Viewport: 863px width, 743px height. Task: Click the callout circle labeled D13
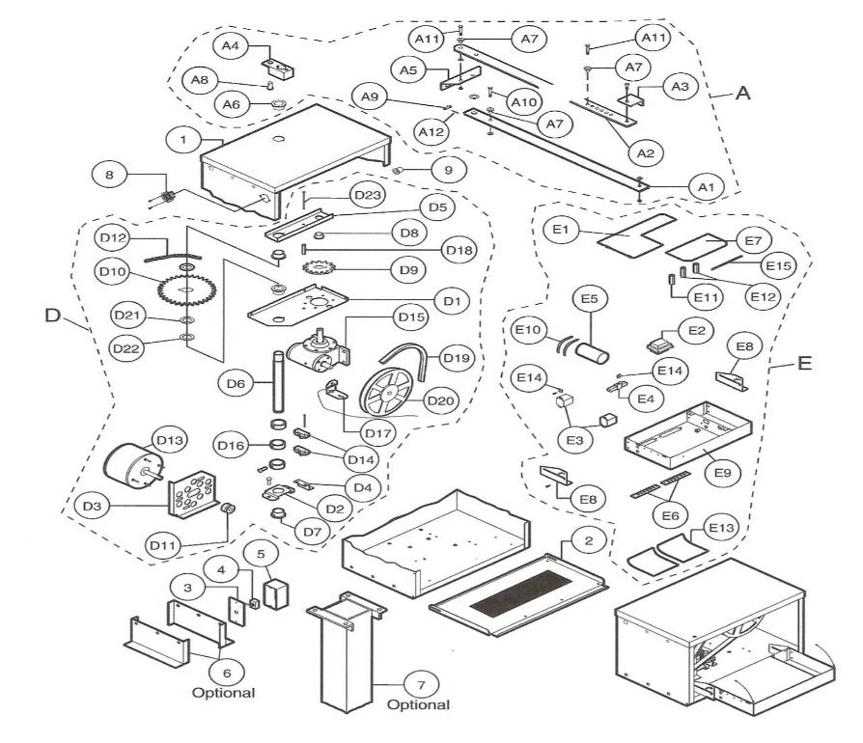pos(170,441)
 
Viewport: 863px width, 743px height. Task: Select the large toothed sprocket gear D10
pos(186,289)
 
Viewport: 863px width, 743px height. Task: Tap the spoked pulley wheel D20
pos(386,392)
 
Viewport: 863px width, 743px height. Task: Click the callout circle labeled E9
pos(723,473)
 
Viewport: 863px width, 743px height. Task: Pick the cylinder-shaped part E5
pos(592,352)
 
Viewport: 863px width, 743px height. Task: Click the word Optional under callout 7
pos(418,705)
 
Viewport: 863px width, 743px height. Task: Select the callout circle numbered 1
pos(183,139)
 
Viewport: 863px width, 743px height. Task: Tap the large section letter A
pos(743,93)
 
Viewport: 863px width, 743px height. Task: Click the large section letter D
pos(52,316)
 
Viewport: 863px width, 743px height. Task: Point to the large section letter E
pos(805,363)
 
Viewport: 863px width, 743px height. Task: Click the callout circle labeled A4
pos(231,45)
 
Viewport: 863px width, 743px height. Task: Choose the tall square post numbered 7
pos(347,651)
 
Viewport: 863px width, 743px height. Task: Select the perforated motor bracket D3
pos(194,494)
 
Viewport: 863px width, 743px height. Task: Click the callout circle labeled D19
pos(457,358)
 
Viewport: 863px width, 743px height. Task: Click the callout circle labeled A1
pos(707,187)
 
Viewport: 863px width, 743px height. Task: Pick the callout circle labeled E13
pos(721,528)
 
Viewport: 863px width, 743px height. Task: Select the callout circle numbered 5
pos(262,555)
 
